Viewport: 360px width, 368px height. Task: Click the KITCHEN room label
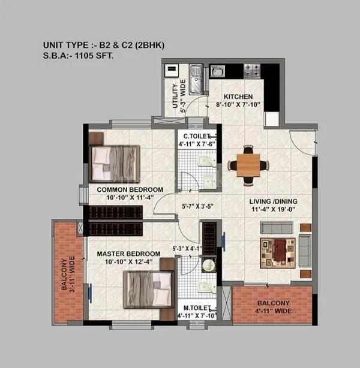click(238, 96)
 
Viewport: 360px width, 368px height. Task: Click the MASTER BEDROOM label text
click(129, 254)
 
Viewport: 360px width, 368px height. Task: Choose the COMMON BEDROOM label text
click(130, 189)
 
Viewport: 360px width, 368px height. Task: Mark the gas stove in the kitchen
click(252, 71)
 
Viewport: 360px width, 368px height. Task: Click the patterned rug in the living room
click(277, 252)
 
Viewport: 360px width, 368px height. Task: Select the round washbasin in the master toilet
click(208, 265)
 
